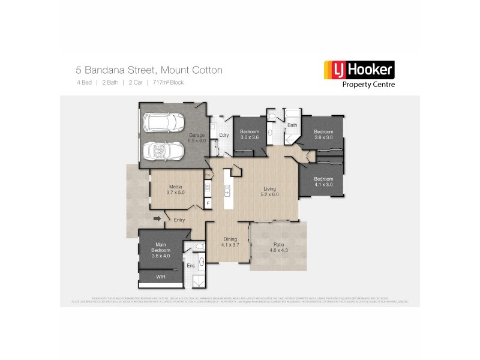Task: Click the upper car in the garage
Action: pyautogui.click(x=163, y=124)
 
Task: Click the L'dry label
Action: pyautogui.click(x=224, y=135)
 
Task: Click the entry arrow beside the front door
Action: pyautogui.click(x=158, y=218)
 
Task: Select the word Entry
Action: pyautogui.click(x=179, y=220)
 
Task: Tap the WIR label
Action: pyautogui.click(x=160, y=277)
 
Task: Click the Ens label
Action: pyautogui.click(x=191, y=266)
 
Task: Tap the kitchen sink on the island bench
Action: pyautogui.click(x=228, y=190)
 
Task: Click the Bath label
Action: pyautogui.click(x=292, y=125)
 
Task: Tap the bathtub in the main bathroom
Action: pyautogui.click(x=293, y=114)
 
